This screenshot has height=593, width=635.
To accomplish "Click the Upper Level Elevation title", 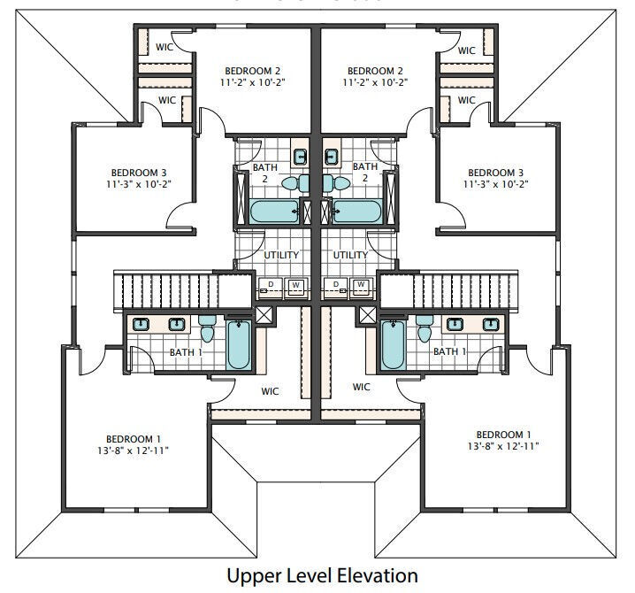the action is [322, 575].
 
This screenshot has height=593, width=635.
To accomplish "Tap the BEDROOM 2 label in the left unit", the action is [253, 71].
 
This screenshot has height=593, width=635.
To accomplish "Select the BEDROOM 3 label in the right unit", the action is [495, 173].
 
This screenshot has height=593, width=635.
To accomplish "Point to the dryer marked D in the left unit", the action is [270, 288].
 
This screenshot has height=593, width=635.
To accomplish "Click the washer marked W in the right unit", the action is [361, 288].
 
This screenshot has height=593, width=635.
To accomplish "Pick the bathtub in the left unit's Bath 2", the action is [274, 212].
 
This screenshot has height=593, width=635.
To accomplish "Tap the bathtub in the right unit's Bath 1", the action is [393, 344].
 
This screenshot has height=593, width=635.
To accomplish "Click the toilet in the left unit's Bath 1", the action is [207, 328].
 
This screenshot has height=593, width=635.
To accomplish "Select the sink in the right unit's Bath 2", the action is [332, 156].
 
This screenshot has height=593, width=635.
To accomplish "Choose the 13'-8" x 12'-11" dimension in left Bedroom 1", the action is [133, 451].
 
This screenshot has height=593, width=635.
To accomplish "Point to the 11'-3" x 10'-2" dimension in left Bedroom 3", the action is [139, 184].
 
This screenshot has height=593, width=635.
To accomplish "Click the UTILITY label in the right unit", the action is [350, 255].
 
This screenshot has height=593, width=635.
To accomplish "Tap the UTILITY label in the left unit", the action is [281, 255].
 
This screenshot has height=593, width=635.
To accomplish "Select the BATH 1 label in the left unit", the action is [186, 352].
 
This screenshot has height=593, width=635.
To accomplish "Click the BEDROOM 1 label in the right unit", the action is [503, 435].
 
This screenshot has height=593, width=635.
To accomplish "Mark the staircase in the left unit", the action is [182, 291].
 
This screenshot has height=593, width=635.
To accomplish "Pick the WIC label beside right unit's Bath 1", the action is [361, 387].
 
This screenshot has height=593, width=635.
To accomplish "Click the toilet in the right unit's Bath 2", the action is [337, 183].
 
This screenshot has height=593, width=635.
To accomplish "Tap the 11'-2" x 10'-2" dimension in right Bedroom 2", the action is [375, 82].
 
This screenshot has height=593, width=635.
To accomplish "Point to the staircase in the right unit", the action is [449, 291].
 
